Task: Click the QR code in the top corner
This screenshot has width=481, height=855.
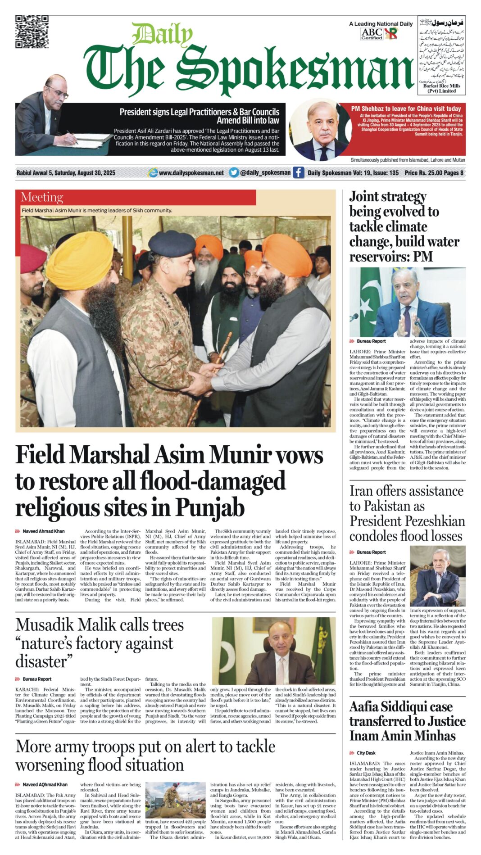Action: [32, 32]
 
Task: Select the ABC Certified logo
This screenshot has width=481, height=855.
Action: [372, 34]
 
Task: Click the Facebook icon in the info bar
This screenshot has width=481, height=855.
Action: [298, 172]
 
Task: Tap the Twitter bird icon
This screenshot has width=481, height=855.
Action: [234, 172]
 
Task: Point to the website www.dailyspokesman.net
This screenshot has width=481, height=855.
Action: [191, 173]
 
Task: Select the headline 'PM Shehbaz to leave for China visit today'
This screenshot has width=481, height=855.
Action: [406, 109]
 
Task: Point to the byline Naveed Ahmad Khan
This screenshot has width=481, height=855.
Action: [44, 531]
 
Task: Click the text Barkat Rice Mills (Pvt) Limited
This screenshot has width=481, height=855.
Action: [441, 88]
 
